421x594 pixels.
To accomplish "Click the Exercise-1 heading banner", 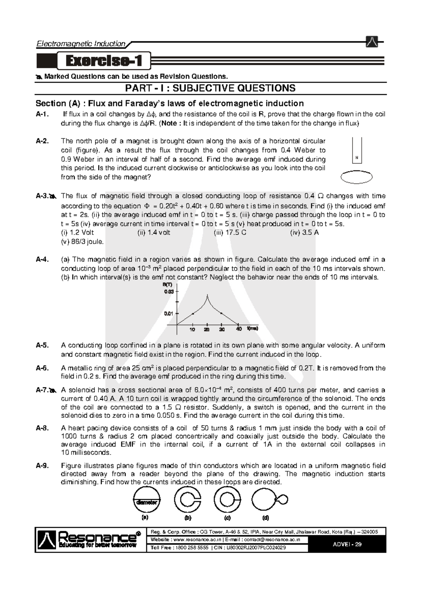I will [104, 61].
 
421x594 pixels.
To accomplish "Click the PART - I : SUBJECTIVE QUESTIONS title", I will [210, 88].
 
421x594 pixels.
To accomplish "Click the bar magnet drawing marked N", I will [356, 150].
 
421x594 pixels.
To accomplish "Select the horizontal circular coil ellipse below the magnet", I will [356, 177].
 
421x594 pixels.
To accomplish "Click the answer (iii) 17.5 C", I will [230, 233].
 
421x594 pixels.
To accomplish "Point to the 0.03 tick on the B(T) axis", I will [169, 291].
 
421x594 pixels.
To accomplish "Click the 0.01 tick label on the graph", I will [169, 313].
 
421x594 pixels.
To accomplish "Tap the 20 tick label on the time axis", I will [207, 329].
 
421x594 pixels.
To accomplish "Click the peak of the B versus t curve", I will [207, 297].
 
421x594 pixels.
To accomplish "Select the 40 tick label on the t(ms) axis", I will [239, 329].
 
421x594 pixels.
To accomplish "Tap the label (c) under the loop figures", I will [227, 518].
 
